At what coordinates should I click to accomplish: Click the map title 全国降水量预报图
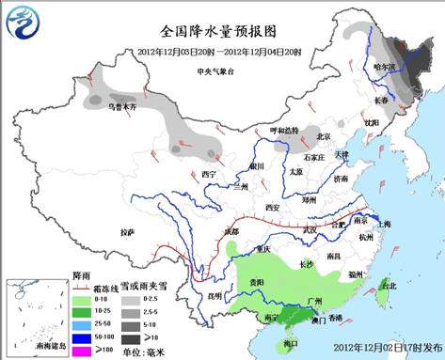click(x=223, y=30)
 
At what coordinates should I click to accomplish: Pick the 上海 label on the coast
click(x=383, y=224)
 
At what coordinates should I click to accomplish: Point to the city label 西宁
click(x=209, y=175)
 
